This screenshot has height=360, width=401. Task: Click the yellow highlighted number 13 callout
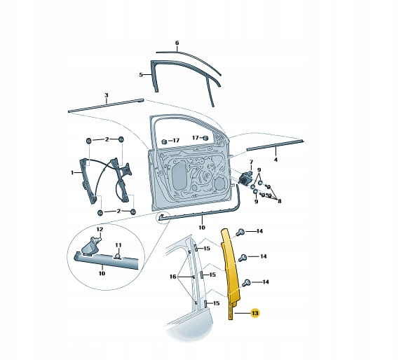pos(255,313)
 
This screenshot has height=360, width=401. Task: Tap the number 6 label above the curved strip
pos(177,43)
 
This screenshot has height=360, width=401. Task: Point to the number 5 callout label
pos(141,75)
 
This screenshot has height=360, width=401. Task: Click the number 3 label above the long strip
pos(107,95)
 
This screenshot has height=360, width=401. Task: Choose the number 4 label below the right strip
pos(276,160)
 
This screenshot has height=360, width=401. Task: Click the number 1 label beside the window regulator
pos(72,173)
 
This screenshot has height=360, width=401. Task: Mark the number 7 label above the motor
pos(251,162)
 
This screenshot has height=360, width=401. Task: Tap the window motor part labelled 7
pos(245,177)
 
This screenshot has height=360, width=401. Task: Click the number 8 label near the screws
pos(279,201)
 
